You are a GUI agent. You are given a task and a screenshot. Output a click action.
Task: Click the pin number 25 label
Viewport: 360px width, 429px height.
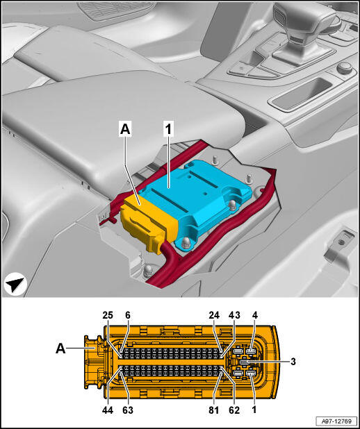tap(108, 315)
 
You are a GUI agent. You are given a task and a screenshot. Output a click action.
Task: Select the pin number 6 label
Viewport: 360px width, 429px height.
tap(128, 315)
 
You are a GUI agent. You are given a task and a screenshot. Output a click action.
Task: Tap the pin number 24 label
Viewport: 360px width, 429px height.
tap(214, 315)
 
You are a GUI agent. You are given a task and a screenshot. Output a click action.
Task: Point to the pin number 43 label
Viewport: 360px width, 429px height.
tap(235, 315)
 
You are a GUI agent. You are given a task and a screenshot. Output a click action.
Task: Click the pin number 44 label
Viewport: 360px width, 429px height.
tap(108, 410)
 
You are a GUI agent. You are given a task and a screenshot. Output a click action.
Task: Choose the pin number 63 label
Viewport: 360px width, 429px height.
tap(128, 410)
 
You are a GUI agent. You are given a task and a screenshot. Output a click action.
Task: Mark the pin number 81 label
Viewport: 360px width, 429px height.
tap(214, 410)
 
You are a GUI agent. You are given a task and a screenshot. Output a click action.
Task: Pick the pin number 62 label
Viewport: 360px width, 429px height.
tap(234, 410)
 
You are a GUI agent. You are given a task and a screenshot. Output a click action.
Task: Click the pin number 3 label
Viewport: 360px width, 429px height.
tap(293, 362)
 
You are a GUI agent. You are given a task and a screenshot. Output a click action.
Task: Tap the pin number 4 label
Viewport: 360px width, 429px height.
tap(255, 315)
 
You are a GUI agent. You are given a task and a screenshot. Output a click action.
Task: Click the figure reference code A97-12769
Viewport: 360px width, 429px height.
tap(336, 421)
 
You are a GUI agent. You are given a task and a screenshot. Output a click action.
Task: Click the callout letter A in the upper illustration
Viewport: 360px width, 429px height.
tap(125, 129)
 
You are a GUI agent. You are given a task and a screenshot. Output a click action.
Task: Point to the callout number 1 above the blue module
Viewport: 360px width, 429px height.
tap(168, 129)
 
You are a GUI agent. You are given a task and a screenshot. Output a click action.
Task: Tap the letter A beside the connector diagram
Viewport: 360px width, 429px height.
tap(61, 348)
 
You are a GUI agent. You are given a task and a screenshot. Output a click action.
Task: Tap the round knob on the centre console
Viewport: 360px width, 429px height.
tap(344, 68)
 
